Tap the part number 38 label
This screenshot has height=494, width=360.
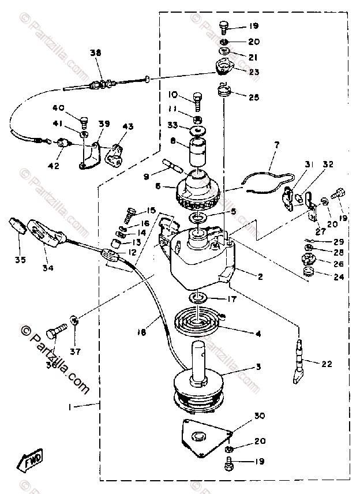click(x=95, y=53)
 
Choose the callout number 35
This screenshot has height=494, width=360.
click(x=21, y=260)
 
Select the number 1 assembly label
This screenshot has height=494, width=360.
click(x=70, y=407)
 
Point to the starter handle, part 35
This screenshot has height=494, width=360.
click(x=20, y=226)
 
